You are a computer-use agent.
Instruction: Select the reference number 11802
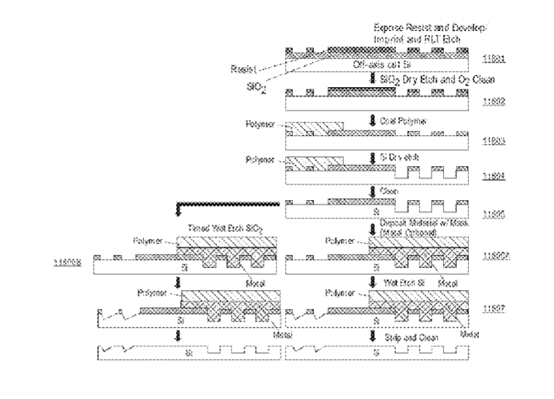click(498, 97)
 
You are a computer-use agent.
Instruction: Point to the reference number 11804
click(498, 179)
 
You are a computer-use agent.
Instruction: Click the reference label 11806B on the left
click(67, 261)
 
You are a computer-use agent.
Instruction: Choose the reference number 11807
click(498, 308)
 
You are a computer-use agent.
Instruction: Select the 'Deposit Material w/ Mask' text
click(418, 223)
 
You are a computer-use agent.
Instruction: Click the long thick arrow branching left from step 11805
click(226, 204)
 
